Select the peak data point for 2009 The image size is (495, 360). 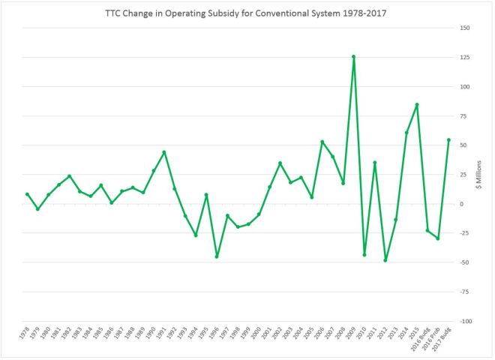click(x=353, y=56)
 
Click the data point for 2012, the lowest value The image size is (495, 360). click(x=385, y=260)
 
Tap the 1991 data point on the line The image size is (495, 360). click(x=163, y=152)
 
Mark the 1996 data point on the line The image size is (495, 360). click(x=217, y=256)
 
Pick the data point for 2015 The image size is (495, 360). click(x=417, y=104)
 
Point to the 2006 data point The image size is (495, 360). click(x=322, y=142)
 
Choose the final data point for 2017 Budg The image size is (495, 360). click(x=448, y=139)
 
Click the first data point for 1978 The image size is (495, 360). click(x=27, y=194)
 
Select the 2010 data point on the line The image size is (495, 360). click(x=364, y=255)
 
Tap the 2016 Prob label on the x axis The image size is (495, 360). click(x=433, y=341)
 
